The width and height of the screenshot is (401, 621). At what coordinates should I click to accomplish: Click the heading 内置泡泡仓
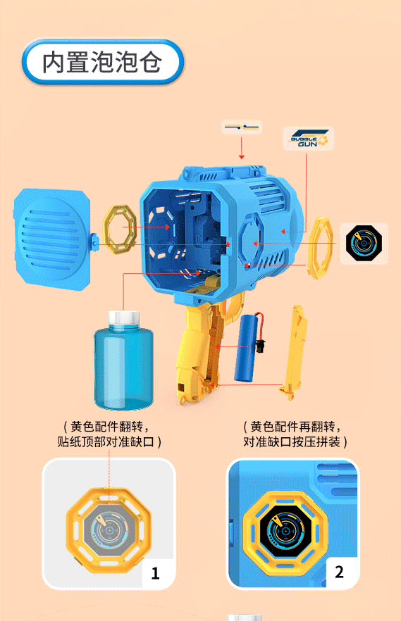[x=103, y=63]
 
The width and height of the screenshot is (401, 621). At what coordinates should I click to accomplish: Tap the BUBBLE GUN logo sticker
[x=309, y=139]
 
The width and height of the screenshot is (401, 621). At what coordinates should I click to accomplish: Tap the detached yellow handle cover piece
[x=295, y=351]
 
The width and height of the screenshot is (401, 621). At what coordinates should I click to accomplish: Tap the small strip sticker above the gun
[x=242, y=127]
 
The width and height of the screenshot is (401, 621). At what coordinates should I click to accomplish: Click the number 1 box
[x=155, y=573]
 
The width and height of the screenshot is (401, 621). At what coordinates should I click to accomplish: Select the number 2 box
[x=339, y=571]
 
